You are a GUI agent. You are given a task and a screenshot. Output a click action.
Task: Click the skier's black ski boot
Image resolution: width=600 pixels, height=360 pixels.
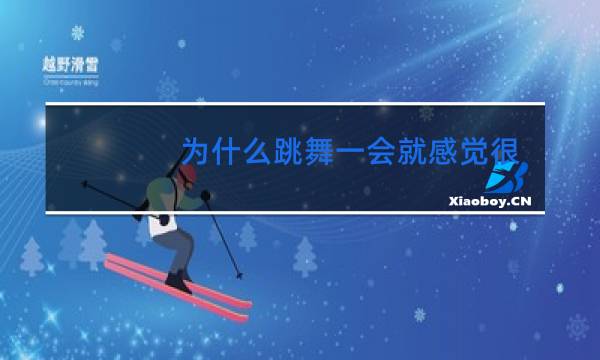[x=177, y=281]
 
